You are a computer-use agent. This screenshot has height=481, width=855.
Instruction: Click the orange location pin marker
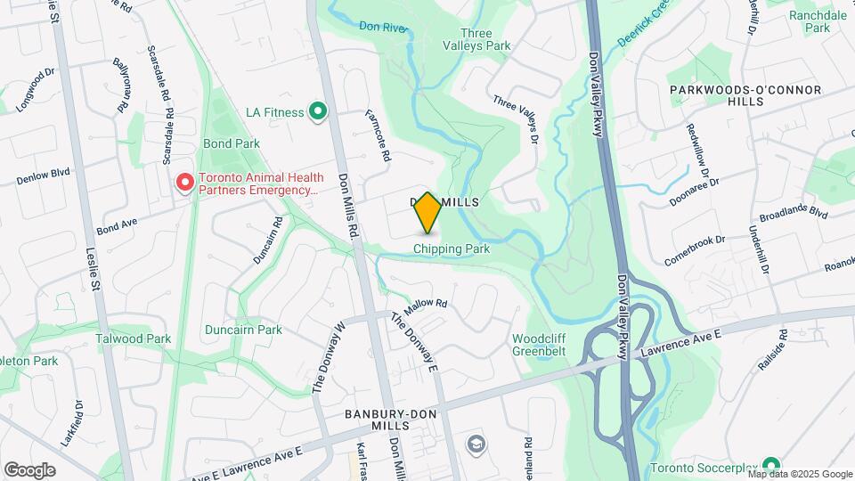tap(427, 213)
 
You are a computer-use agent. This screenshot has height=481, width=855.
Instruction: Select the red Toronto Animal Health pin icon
tap(185, 183)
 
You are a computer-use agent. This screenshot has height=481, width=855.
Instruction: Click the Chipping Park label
tap(452, 249)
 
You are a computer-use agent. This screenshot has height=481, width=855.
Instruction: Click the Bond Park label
tap(231, 143)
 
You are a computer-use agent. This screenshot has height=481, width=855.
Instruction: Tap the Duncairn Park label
tap(243, 330)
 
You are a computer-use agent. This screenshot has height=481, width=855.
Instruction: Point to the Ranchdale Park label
tap(817, 21)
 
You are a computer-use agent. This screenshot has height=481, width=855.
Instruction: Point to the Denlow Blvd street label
tap(43, 175)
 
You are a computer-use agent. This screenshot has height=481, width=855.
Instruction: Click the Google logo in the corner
tap(29, 469)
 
